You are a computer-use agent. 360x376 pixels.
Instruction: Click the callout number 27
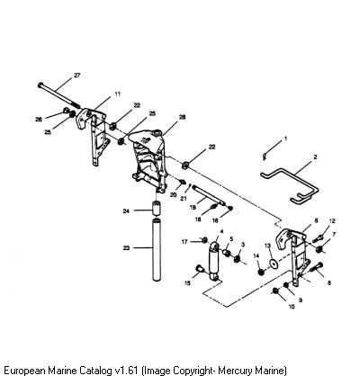(77, 76)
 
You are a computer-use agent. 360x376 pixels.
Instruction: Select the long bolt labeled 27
(58, 95)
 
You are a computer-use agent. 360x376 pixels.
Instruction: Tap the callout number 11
(118, 94)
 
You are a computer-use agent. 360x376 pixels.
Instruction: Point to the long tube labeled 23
(157, 250)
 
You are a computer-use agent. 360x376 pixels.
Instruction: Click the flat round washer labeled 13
(273, 263)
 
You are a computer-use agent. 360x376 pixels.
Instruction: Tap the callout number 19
(193, 207)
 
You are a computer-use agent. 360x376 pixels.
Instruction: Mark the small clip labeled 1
(265, 157)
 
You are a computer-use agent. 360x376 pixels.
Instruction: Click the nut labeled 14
(261, 273)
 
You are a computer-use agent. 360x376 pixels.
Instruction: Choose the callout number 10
(292, 307)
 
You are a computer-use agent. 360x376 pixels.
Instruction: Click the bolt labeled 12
(318, 238)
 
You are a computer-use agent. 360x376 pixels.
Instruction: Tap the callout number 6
(316, 220)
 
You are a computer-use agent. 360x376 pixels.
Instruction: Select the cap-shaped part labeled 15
(199, 269)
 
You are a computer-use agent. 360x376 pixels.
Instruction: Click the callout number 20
(173, 195)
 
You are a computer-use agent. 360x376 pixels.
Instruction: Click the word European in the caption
(25, 370)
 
